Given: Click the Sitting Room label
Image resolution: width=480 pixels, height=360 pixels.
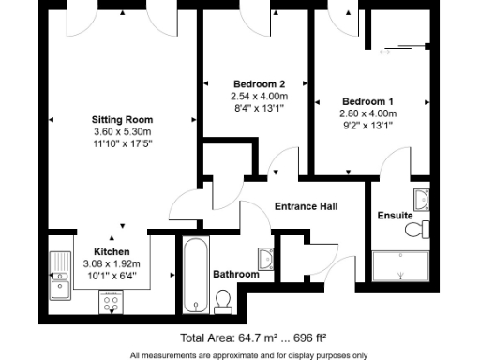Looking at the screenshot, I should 122,119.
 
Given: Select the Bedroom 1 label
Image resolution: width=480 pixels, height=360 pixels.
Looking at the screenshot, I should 367,101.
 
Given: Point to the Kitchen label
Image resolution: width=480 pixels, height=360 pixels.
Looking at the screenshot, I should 112,253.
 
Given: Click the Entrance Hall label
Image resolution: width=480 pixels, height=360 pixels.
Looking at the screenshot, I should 306,206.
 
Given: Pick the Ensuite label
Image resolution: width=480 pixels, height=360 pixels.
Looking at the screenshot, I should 395,216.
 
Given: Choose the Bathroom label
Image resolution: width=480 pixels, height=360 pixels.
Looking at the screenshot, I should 235,275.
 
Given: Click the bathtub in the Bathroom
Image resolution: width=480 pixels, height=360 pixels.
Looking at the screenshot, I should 195,276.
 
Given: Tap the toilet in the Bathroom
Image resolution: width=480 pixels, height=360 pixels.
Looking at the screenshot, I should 223,300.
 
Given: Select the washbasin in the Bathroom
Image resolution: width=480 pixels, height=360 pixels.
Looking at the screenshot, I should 265,259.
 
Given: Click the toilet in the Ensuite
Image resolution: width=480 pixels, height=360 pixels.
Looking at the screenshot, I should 422,230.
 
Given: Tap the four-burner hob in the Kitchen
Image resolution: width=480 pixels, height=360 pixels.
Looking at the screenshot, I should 112,301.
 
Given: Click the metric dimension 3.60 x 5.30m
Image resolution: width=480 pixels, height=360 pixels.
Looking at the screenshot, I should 122,131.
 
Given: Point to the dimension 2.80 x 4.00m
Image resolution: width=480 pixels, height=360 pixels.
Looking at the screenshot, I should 367,112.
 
